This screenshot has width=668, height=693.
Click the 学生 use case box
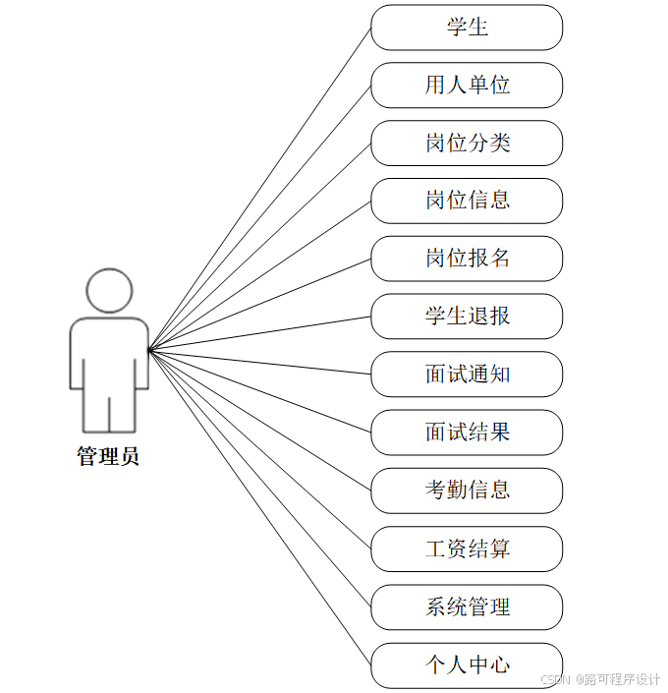[x=467, y=28]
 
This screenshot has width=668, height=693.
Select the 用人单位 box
[x=467, y=86]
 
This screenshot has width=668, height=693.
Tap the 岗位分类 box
[x=467, y=144]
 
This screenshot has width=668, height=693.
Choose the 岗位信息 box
[x=467, y=201]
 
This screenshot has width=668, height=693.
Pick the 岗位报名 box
[x=467, y=259]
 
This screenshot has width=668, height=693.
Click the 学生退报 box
[x=467, y=317]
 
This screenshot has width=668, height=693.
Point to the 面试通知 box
[x=467, y=375]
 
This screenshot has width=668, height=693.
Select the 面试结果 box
[x=467, y=433]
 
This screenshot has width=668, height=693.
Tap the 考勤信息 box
[x=467, y=491]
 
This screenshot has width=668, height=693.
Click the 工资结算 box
[x=467, y=549]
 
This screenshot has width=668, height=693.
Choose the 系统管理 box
[x=467, y=606]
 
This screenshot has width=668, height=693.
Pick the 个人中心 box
[x=467, y=664]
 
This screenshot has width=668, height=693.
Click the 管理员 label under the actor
[x=108, y=457]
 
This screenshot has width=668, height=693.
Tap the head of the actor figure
[x=108, y=291]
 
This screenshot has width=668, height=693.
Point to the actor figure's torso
[x=108, y=354]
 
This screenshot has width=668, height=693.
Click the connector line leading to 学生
[x=259, y=188]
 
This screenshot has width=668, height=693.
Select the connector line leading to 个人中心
[x=259, y=507]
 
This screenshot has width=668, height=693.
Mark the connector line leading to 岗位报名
[x=259, y=304]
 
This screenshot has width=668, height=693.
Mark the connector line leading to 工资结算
[x=259, y=449]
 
